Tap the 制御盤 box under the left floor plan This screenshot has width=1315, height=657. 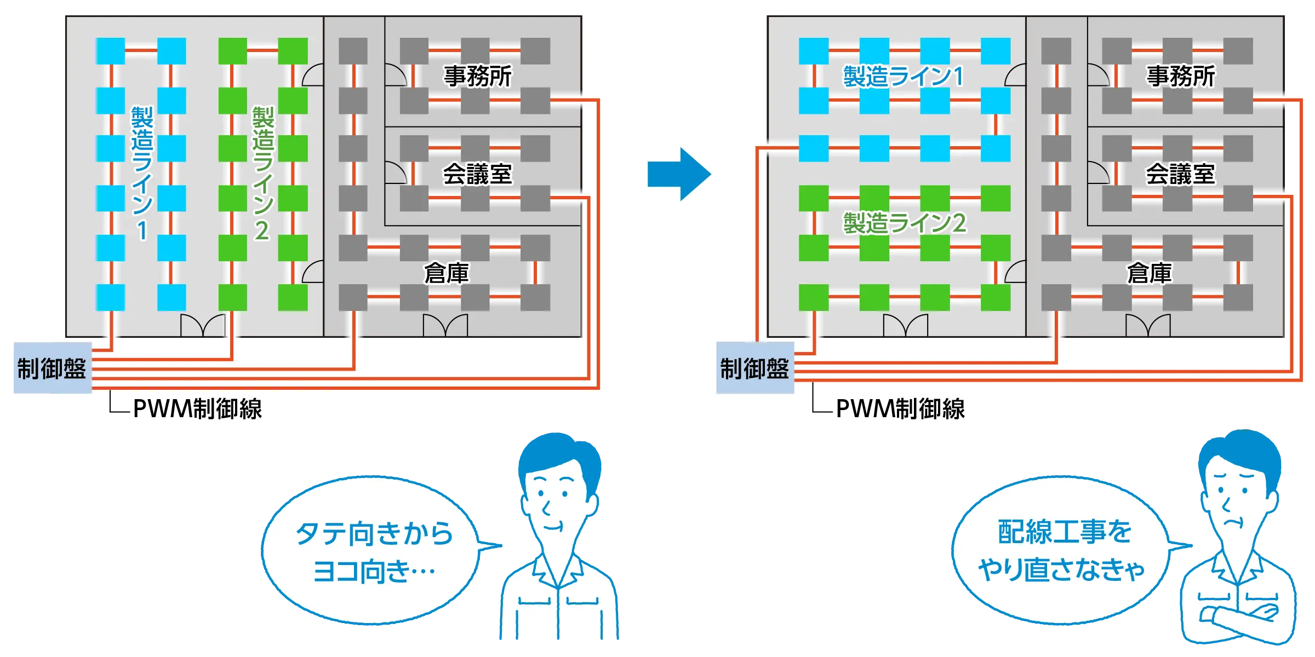(x=52, y=368)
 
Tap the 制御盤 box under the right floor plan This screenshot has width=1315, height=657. (x=754, y=368)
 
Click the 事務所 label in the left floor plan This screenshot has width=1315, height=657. (x=477, y=76)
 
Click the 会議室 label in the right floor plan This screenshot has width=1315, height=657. (x=1180, y=174)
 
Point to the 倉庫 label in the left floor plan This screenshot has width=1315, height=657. (x=446, y=273)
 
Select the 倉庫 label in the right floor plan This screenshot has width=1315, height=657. (x=1149, y=273)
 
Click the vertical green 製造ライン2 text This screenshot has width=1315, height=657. (x=262, y=172)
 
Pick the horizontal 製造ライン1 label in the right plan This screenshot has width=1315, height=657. (x=904, y=76)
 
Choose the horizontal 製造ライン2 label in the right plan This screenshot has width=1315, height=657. (x=904, y=223)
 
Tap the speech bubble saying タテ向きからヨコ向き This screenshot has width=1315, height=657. (x=373, y=550)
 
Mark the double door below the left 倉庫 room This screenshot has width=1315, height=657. (x=445, y=325)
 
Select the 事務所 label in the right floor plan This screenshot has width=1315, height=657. (x=1180, y=76)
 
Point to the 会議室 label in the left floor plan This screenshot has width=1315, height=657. (x=477, y=174)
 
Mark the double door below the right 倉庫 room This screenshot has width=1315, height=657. (x=1148, y=325)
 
